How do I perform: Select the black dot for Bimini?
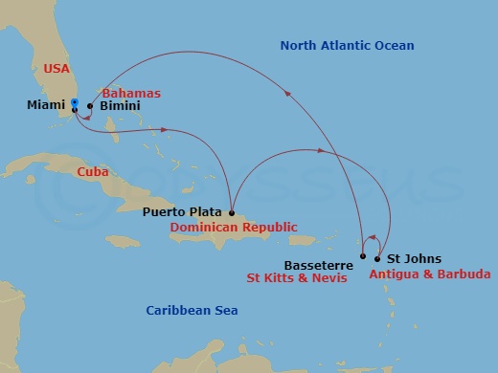tap(90, 106)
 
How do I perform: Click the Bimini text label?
tap(119, 106)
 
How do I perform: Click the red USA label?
tap(57, 68)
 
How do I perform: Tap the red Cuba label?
tap(94, 171)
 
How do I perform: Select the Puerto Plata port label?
tap(183, 211)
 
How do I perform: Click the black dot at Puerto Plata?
tap(231, 211)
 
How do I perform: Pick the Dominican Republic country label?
tap(233, 228)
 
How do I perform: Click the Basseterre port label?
tap(320, 264)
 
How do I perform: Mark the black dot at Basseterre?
tap(362, 256)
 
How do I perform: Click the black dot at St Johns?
tap(378, 258)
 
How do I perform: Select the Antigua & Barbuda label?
tap(429, 274)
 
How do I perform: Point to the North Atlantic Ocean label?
tap(347, 45)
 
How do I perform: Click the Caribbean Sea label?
tap(192, 311)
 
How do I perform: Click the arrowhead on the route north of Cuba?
tap(167, 130)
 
